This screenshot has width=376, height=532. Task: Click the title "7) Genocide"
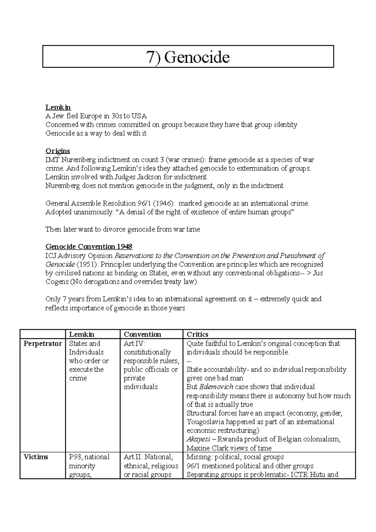click(188, 57)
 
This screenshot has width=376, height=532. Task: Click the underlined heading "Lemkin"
click(58, 107)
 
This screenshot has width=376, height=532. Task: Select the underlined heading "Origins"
click(58, 151)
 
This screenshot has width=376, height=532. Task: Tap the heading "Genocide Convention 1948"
click(89, 246)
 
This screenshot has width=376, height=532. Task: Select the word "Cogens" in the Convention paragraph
click(57, 282)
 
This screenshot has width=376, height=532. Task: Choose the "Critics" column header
click(197, 334)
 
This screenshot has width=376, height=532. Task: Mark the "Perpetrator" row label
click(43, 343)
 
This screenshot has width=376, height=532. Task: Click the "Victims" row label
click(36, 457)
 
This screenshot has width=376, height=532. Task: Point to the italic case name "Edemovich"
click(216, 387)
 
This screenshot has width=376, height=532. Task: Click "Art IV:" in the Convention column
click(134, 343)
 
